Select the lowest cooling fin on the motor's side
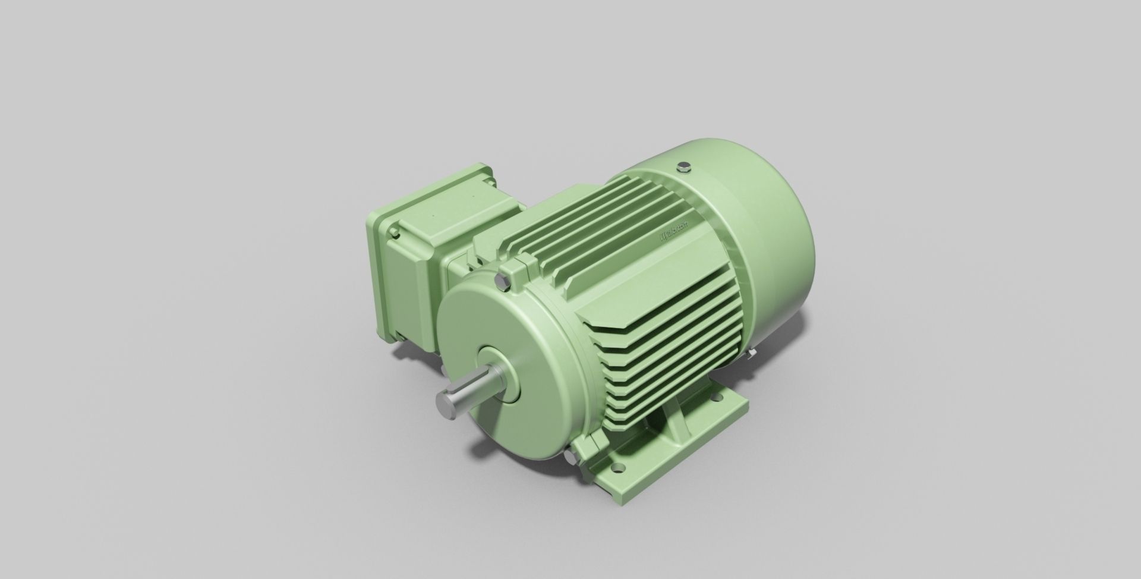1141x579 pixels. pyautogui.click(x=630, y=416)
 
